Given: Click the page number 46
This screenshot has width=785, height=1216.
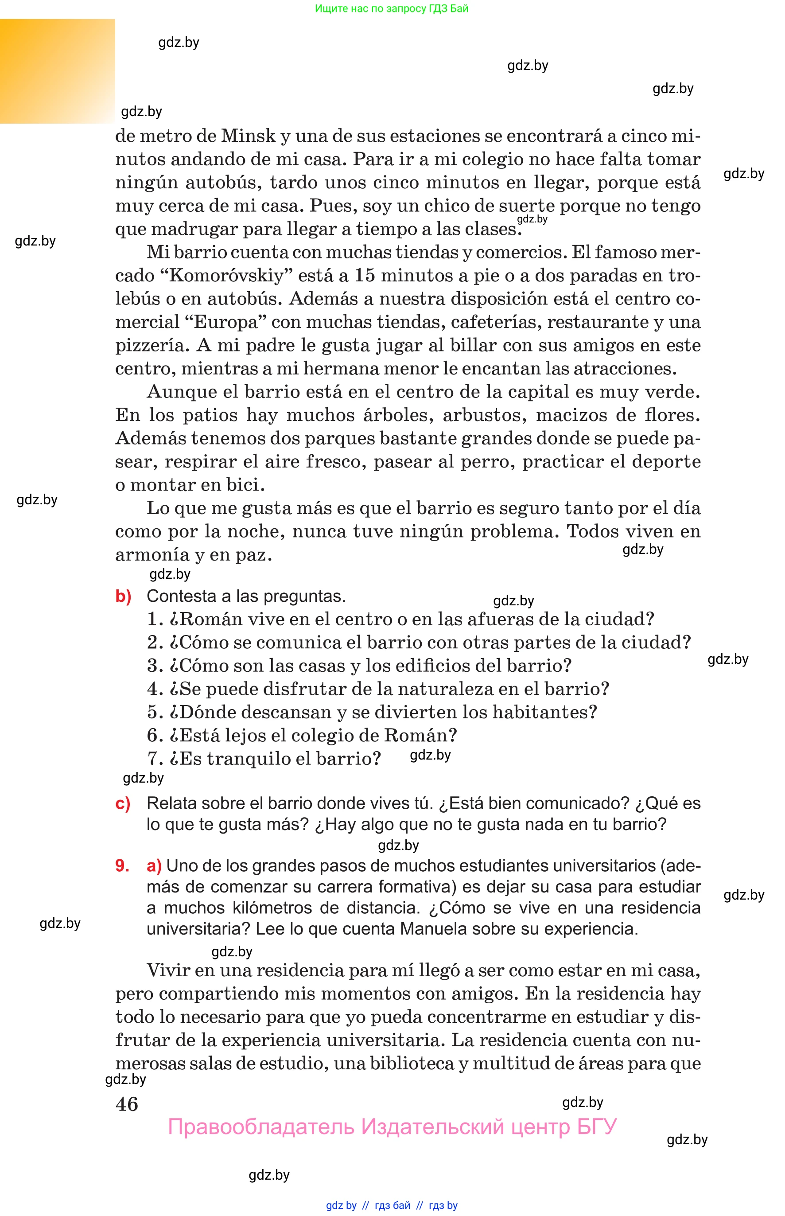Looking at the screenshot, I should pos(127,1104).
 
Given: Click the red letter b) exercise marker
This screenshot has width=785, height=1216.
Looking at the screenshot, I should pos(123,596).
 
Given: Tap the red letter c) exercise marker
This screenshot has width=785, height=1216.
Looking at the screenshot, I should pos(123,803).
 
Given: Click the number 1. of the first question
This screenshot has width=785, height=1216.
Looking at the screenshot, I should pos(155,620).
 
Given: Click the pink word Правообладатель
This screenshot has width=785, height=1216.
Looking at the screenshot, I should pos(260,1127).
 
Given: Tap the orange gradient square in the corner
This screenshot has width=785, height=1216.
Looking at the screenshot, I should pos(57,71).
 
